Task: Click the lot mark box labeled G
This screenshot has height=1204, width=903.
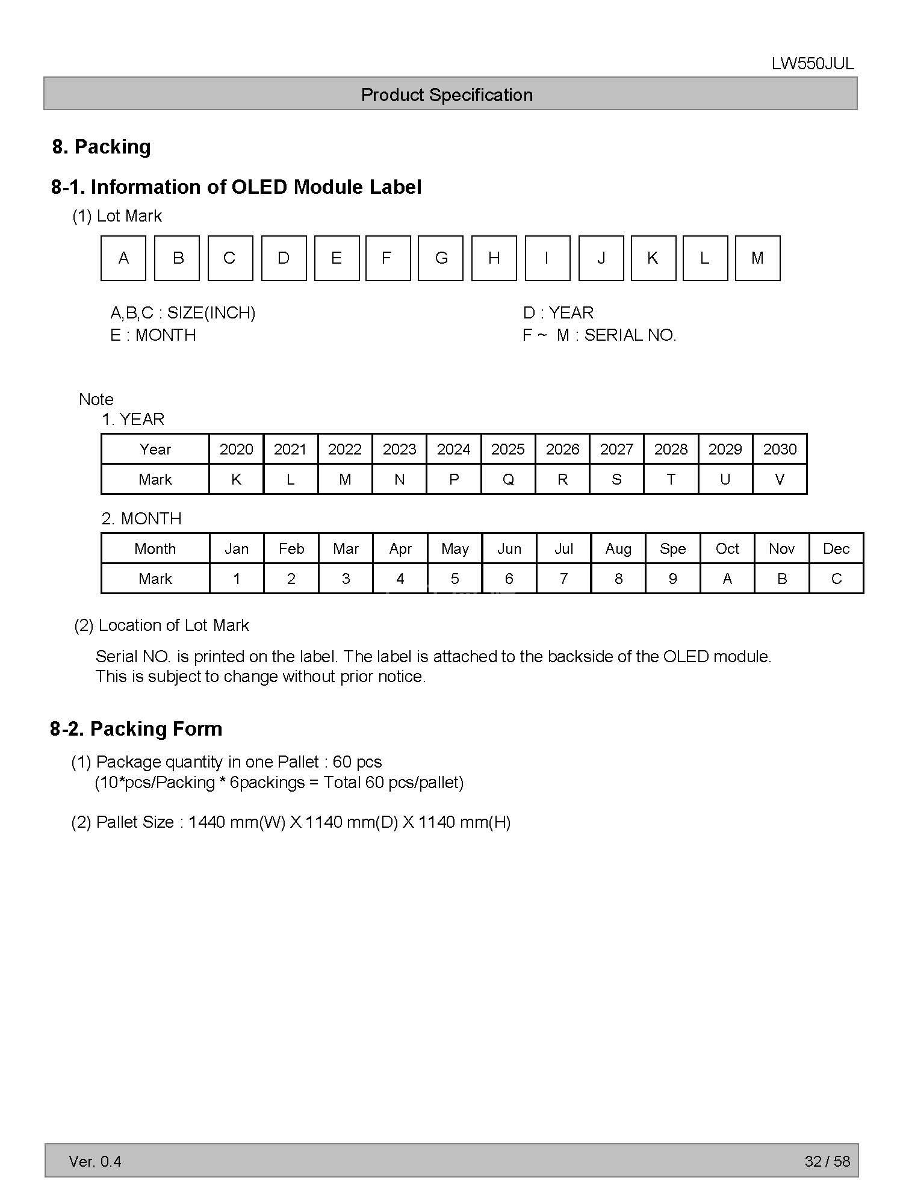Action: (x=441, y=258)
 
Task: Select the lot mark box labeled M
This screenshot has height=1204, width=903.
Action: (x=757, y=258)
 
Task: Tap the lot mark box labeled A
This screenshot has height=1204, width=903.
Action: (x=123, y=258)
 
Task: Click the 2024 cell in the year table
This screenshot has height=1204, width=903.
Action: (x=453, y=449)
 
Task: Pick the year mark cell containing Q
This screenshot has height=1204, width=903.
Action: (x=508, y=479)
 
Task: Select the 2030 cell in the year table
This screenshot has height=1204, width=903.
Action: (x=780, y=449)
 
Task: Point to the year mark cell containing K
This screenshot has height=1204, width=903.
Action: (x=236, y=479)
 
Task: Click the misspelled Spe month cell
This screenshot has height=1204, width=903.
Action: (x=672, y=548)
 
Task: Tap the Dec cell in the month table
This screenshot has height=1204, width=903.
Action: (x=836, y=548)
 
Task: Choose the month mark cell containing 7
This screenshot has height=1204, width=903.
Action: (x=563, y=579)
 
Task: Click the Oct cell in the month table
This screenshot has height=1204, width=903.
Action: (x=727, y=548)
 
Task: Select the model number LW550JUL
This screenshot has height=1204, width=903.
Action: (x=813, y=64)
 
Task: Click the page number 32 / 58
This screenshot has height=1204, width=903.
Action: (x=827, y=1161)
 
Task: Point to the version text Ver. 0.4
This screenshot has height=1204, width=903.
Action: (x=95, y=1161)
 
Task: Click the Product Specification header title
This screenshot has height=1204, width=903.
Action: (x=447, y=95)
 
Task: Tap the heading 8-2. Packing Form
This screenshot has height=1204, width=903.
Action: (x=136, y=728)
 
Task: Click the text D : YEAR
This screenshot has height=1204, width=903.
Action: (x=558, y=312)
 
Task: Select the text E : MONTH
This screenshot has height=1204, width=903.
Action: (x=153, y=335)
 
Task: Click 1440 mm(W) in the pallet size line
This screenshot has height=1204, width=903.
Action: (x=237, y=822)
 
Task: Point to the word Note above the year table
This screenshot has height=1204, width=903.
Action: (x=96, y=399)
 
